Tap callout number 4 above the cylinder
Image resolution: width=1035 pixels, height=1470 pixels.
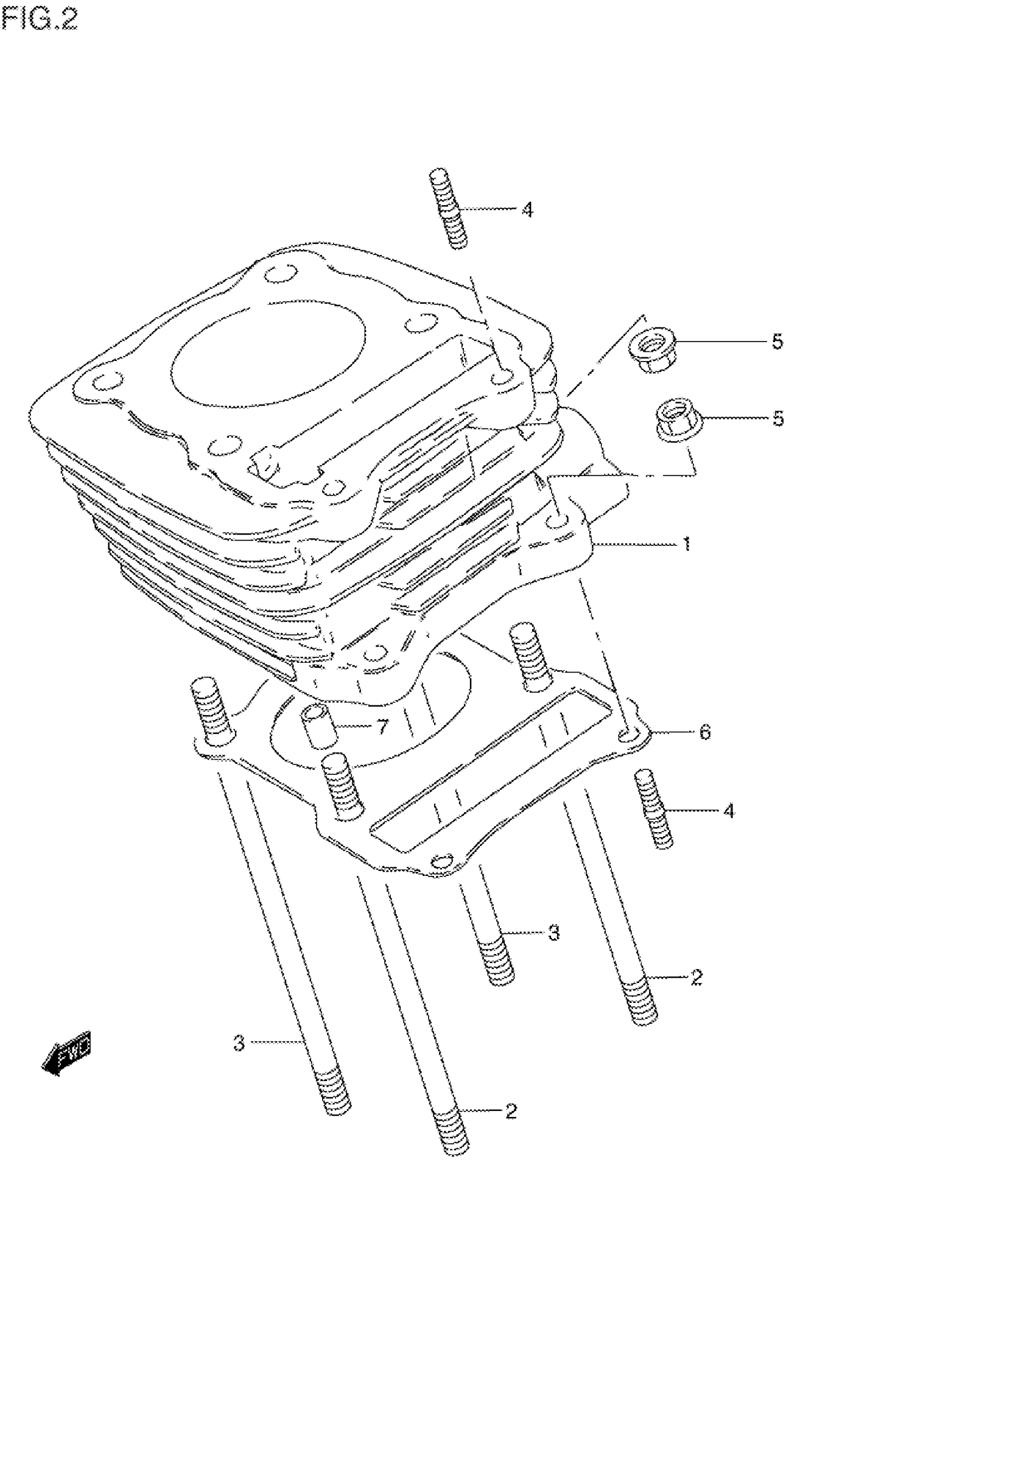point(527,209)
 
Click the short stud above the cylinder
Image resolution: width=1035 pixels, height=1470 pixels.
point(448,208)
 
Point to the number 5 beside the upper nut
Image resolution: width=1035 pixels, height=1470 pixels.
point(777,342)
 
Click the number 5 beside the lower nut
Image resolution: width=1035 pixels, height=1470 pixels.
point(777,419)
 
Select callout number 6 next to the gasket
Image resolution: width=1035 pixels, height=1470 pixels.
point(704,732)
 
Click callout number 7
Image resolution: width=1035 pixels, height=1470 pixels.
point(382,727)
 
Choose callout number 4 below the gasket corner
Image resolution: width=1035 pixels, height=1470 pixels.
point(729,811)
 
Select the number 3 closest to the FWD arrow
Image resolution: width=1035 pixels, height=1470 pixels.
point(238,1043)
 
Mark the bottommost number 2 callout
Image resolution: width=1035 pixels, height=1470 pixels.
point(510,1111)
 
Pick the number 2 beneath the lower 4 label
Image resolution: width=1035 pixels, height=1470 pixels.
point(697,977)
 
